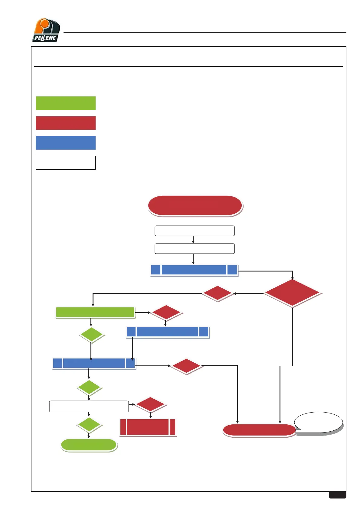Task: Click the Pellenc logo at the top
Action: click(46, 30)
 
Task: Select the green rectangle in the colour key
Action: click(66, 103)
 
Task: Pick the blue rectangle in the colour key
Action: click(66, 143)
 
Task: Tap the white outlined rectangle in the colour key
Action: click(66, 163)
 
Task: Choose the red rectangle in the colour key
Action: click(66, 123)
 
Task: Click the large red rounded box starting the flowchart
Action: click(195, 206)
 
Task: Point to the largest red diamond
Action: click(292, 293)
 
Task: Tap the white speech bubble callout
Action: click(319, 422)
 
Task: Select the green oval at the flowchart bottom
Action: click(89, 445)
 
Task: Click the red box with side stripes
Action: click(148, 427)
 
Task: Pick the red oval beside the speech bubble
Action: click(259, 430)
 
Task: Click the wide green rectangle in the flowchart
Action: click(95, 312)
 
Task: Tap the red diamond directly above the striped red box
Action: click(150, 404)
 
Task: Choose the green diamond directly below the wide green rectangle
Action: click(91, 335)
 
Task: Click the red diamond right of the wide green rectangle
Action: click(166, 312)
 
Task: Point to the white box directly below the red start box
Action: click(195, 231)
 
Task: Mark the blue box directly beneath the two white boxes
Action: click(194, 270)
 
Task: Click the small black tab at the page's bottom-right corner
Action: click(337, 495)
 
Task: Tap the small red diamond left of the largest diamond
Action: click(217, 293)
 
